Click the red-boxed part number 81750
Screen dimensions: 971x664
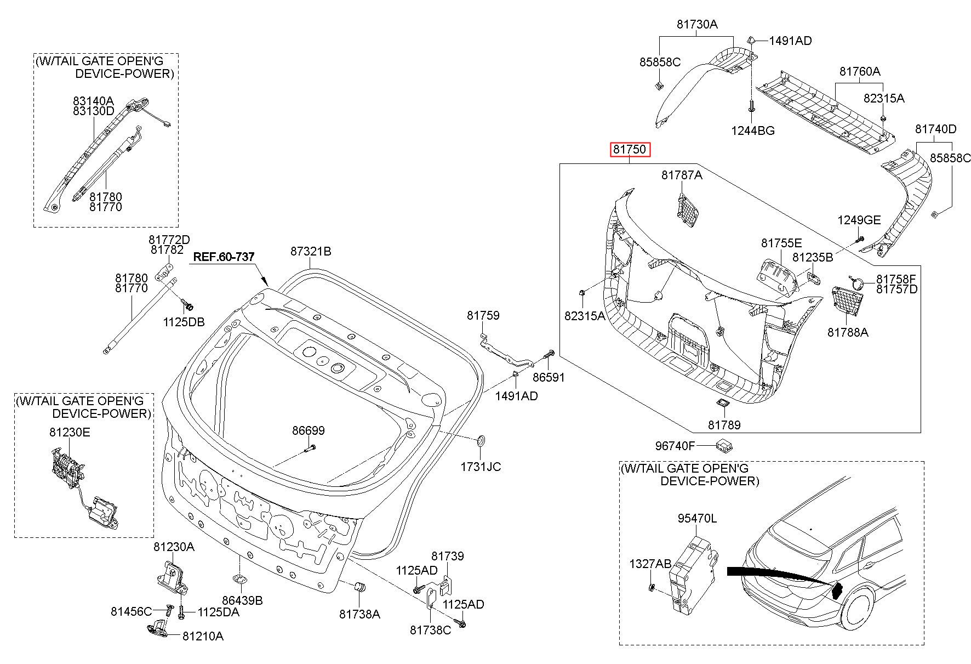[x=631, y=149]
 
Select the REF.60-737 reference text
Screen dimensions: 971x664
[x=224, y=257]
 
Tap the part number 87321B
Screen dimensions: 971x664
[x=311, y=251]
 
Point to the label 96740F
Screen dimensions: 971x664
[x=675, y=446]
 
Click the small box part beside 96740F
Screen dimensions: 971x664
[x=724, y=445]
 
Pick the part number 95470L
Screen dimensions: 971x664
[x=696, y=518]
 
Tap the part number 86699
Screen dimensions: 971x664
[x=308, y=430]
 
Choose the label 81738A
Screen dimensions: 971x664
[x=359, y=614]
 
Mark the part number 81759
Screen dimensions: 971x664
[x=483, y=315]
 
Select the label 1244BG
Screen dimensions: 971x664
[x=753, y=130]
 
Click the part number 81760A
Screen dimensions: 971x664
[x=860, y=71]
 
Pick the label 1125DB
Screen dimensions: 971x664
[x=184, y=322]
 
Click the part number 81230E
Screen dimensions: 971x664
[x=70, y=432]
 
